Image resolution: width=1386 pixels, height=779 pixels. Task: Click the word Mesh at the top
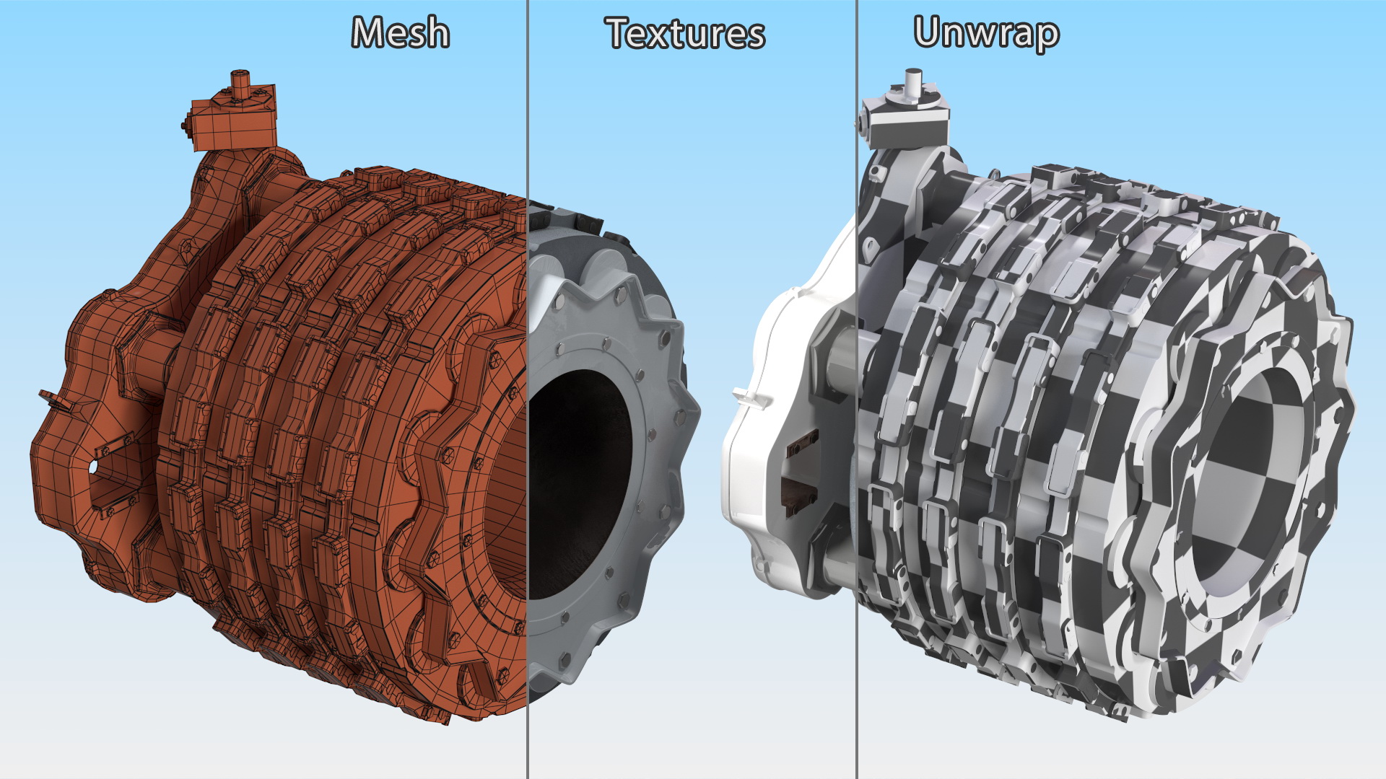pyautogui.click(x=401, y=33)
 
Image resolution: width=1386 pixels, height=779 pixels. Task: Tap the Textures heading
pyautogui.click(x=685, y=33)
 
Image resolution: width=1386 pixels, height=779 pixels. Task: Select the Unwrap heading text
pyautogui.click(x=986, y=35)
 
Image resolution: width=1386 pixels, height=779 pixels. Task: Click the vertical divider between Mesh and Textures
pyautogui.click(x=528, y=389)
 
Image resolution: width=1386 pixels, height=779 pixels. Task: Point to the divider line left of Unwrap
pyautogui.click(x=857, y=389)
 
